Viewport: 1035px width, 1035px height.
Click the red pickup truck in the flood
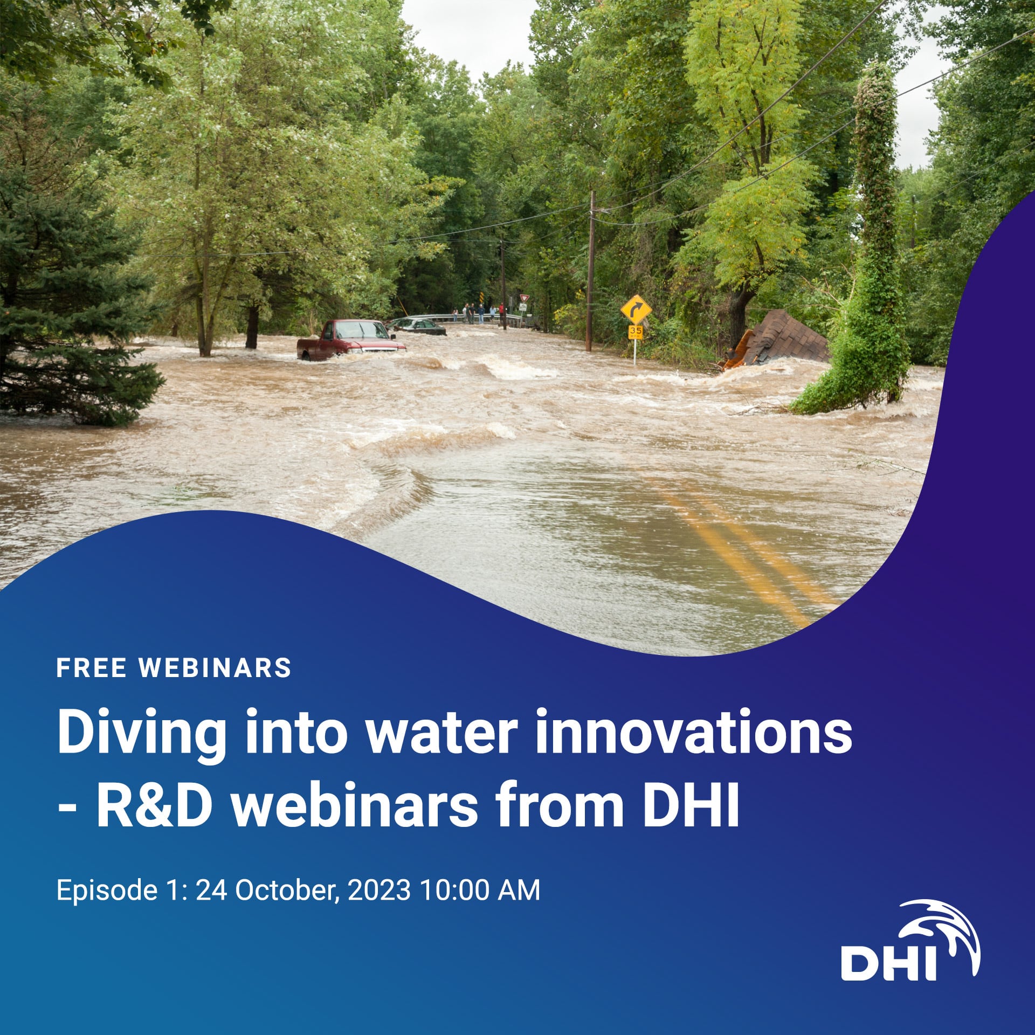(350, 340)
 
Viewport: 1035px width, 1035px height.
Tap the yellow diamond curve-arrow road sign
(636, 310)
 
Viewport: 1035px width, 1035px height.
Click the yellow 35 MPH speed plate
(636, 332)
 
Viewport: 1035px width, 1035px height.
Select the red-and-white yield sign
(522, 298)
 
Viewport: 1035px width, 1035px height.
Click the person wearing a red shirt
(501, 310)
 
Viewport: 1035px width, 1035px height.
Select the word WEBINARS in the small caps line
(215, 668)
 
